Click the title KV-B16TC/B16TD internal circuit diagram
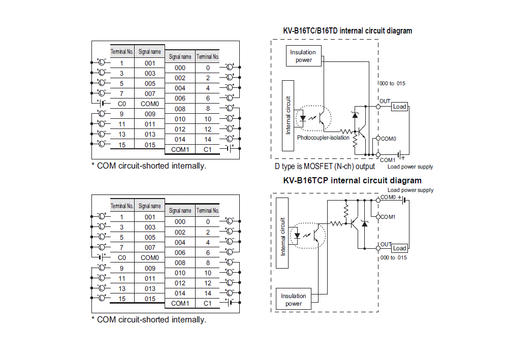coord(347,31)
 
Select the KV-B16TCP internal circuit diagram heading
coord(352,180)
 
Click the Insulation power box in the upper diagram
coord(303,56)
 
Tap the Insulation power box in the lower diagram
coord(294,300)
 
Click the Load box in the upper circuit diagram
coord(400,107)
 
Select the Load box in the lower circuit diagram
coord(400,248)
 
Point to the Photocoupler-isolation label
coord(323,138)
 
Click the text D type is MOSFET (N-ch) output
coord(325,167)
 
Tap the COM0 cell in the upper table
coord(150,104)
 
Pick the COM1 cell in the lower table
coord(180,303)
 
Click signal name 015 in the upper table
coord(150,145)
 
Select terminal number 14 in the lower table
coord(208,293)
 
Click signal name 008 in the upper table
coord(180,109)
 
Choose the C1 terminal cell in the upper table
coord(208,149)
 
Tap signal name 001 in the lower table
coord(150,217)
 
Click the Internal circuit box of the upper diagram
coord(288,115)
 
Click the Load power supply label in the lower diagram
coord(410,190)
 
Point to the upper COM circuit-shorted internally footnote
coord(148,166)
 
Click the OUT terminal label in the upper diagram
coord(385,102)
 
